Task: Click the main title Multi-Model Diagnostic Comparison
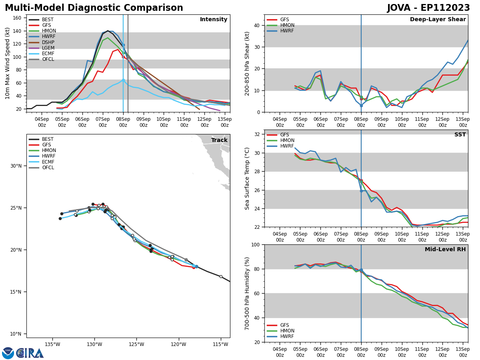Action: [94, 8]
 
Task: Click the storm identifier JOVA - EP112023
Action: [428, 8]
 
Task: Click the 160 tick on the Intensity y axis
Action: [18, 18]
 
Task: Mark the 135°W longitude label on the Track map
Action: [52, 344]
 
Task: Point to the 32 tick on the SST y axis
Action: [257, 134]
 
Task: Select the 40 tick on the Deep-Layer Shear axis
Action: [257, 25]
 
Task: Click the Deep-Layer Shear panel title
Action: [438, 20]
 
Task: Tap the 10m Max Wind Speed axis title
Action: [8, 63]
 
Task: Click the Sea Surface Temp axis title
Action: [247, 178]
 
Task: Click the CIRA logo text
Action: [30, 353]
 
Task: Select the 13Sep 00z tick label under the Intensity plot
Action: [225, 122]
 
